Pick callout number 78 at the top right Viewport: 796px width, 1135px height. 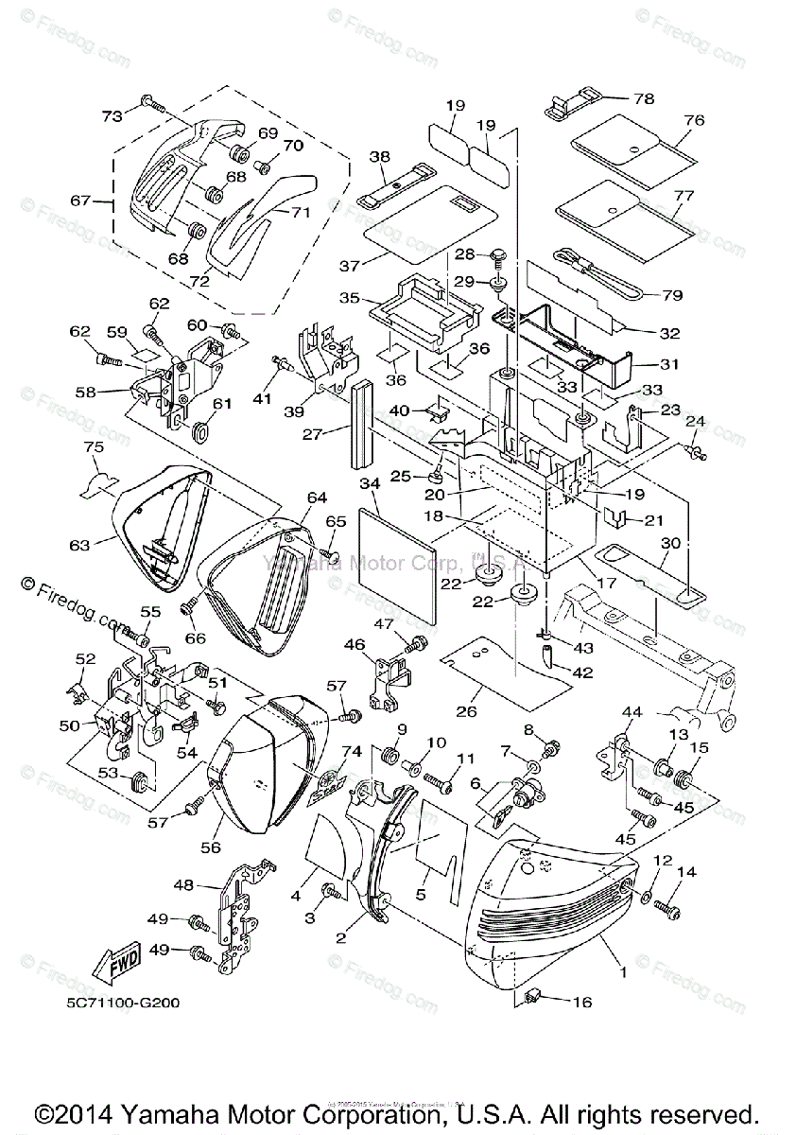tap(644, 97)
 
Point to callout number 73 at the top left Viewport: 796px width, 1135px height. tap(112, 115)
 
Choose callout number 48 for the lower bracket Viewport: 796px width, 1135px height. tap(184, 884)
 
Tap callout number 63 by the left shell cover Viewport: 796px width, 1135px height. tap(78, 545)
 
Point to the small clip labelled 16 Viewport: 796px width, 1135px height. tap(534, 996)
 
